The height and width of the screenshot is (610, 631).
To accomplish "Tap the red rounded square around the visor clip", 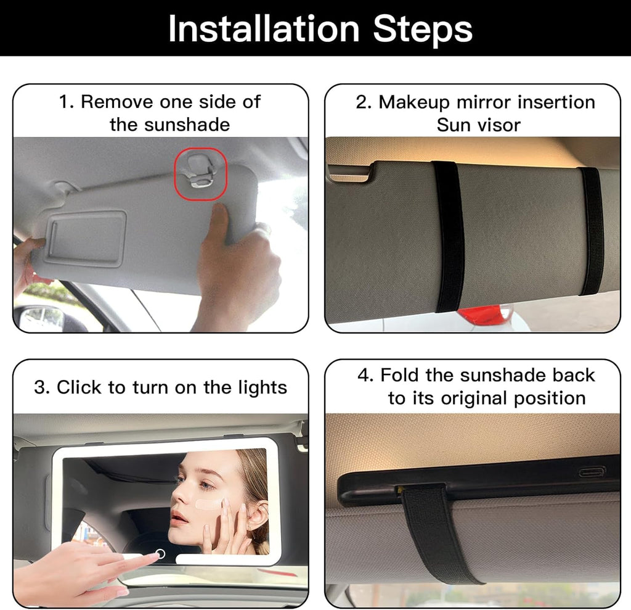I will pos(200,173).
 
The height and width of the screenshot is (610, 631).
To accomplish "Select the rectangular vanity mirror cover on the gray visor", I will pos(85,237).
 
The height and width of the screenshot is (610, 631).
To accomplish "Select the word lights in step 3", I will pos(263,387).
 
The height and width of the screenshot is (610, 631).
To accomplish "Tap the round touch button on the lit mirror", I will pos(160,553).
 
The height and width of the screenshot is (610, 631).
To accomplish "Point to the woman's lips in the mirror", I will pos(179,519).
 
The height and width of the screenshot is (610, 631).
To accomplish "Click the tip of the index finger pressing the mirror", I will pos(153,556).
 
